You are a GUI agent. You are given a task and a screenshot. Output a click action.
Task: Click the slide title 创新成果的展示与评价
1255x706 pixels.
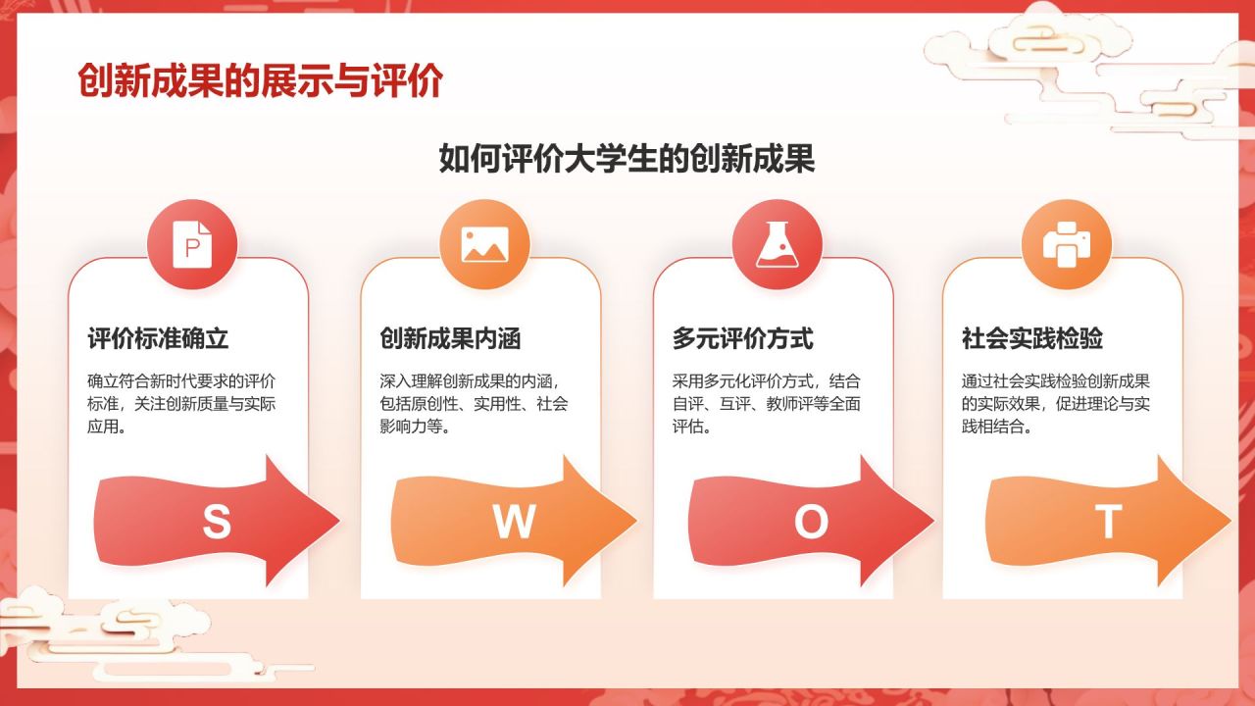pos(260,82)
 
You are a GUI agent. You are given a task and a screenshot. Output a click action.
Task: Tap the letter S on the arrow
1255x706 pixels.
pos(217,523)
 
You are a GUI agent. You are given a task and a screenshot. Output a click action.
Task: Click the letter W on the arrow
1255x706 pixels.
pos(513,523)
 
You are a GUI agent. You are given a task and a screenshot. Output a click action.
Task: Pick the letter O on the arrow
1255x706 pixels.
pos(811,523)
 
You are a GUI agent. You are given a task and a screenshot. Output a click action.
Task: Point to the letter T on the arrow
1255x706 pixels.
pos(1108,523)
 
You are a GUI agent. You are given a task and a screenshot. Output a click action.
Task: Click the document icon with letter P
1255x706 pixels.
pos(192,245)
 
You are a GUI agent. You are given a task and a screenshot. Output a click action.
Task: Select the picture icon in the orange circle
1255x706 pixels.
pos(484,245)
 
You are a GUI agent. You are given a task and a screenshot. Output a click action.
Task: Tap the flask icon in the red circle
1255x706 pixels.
pos(778,245)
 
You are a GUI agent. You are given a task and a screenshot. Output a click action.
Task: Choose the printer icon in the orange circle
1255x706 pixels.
pos(1067,245)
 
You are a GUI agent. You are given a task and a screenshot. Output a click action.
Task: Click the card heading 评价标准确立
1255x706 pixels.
pos(158,339)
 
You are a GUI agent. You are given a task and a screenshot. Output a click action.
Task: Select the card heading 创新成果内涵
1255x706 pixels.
pos(450,339)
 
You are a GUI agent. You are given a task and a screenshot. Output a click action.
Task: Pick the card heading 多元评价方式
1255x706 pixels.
pos(743,339)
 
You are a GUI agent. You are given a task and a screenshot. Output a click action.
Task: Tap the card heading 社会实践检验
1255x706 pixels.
pos(1032,339)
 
